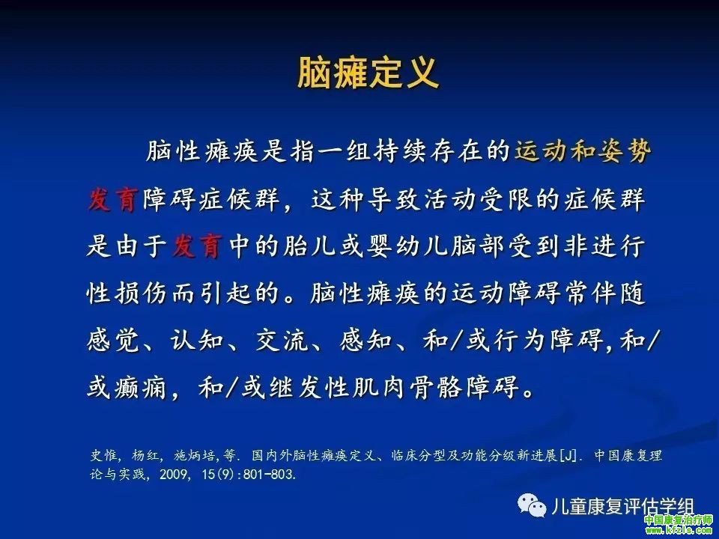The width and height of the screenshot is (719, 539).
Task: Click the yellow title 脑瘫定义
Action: coord(368,73)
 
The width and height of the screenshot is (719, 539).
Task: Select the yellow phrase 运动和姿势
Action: coord(583,150)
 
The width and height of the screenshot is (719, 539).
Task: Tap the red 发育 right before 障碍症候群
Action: coord(112,199)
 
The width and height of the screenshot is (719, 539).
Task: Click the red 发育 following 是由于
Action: coord(197,246)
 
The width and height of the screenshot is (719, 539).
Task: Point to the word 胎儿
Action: coord(307,246)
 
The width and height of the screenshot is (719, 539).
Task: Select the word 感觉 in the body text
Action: coord(112,341)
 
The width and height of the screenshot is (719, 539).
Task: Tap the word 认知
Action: coord(197,341)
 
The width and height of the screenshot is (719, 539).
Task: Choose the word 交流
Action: coord(282,341)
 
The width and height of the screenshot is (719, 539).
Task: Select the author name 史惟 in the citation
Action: coord(103,456)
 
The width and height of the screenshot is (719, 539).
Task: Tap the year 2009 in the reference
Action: coord(171,474)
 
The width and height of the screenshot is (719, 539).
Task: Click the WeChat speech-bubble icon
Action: coord(532,505)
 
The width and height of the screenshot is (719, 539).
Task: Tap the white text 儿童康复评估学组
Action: coord(622,507)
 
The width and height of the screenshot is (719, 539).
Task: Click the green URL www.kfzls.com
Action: coord(679,531)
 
